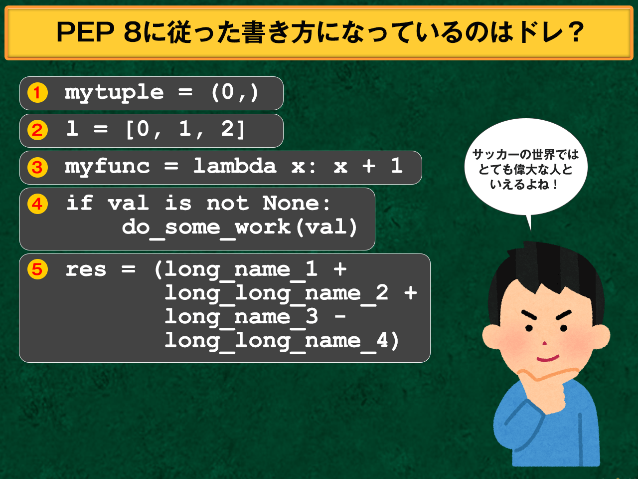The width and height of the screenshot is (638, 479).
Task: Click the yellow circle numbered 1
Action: pyautogui.click(x=37, y=93)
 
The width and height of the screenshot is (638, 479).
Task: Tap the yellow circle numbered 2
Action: pyautogui.click(x=37, y=130)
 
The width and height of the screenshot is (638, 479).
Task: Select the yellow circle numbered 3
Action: pyautogui.click(x=37, y=167)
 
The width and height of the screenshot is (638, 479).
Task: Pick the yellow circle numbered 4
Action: pyautogui.click(x=37, y=204)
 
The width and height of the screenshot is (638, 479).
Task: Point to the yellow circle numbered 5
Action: pyautogui.click(x=37, y=269)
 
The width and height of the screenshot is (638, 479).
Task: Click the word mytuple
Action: pyautogui.click(x=114, y=93)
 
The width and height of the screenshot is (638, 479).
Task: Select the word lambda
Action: pyautogui.click(x=235, y=166)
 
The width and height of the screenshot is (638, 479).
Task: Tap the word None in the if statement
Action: pyautogui.click(x=291, y=204)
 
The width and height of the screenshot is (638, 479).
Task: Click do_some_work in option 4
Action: pyautogui.click(x=206, y=228)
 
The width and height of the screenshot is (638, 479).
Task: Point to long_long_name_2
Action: pyautogui.click(x=276, y=293)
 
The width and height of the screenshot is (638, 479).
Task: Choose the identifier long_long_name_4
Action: pyautogui.click(x=276, y=341)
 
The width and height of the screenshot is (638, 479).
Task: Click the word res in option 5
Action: pyautogui.click(x=86, y=270)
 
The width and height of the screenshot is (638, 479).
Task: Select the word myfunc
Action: pyautogui.click(x=107, y=167)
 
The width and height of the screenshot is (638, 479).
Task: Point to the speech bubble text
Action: pyautogui.click(x=525, y=169)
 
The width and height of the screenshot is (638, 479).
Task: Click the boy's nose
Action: pyautogui.click(x=544, y=343)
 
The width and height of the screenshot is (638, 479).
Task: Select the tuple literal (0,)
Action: pyautogui.click(x=235, y=93)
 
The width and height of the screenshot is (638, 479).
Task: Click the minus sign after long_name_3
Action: pyautogui.click(x=340, y=317)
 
